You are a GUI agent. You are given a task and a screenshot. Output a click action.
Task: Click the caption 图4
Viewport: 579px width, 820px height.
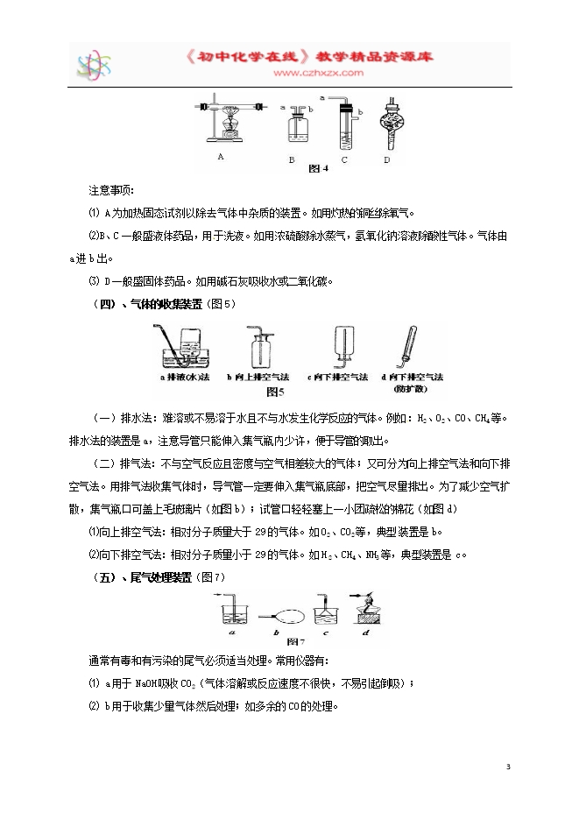pyautogui.click(x=319, y=168)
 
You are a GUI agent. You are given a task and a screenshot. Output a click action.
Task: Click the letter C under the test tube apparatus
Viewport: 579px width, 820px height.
pyautogui.click(x=345, y=159)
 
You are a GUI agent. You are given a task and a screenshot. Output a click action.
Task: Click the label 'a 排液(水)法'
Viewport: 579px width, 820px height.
pyautogui.click(x=186, y=377)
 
